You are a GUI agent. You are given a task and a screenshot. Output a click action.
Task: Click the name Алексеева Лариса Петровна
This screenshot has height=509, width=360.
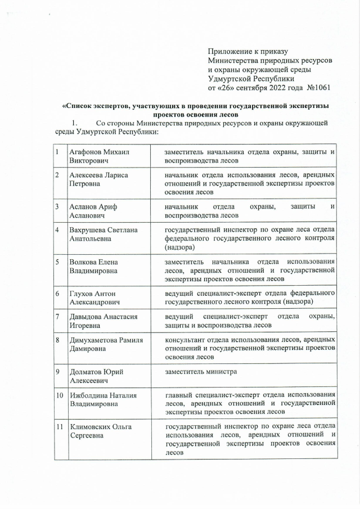click(98, 179)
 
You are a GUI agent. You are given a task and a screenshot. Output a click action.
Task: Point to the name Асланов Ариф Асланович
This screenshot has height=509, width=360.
click(93, 211)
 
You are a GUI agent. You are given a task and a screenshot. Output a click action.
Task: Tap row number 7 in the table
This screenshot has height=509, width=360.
click(57, 317)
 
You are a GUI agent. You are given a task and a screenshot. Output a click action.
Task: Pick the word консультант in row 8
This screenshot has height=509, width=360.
click(187, 340)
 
